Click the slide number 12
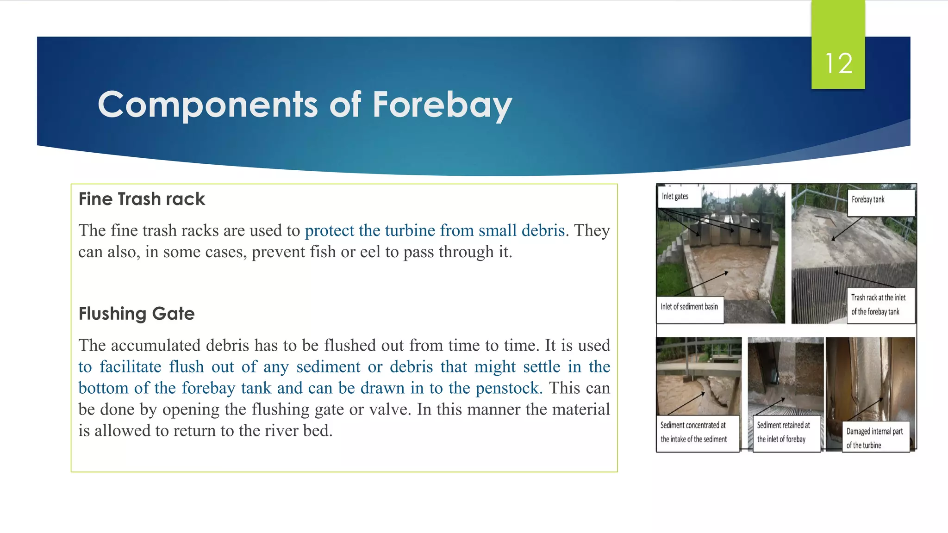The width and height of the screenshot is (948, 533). click(838, 63)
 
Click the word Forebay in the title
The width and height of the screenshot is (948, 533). click(442, 105)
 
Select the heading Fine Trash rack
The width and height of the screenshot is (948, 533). click(142, 199)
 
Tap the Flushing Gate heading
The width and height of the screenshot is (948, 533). click(137, 314)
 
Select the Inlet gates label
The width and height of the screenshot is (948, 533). click(675, 196)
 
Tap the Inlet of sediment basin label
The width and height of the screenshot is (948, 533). click(689, 307)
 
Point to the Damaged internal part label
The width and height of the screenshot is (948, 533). click(874, 438)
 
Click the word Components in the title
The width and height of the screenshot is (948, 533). click(208, 105)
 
